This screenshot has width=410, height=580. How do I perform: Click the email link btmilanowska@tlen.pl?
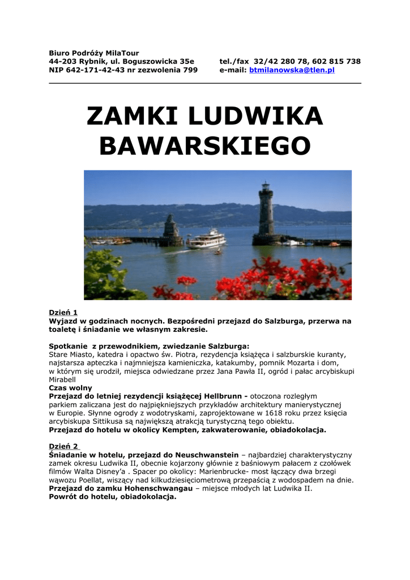click(292, 70)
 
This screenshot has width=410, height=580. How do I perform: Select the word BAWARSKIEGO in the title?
click(205, 147)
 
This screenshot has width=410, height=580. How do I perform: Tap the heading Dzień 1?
click(63, 312)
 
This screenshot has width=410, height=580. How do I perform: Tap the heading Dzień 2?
click(64, 446)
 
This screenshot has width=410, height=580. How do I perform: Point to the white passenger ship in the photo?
click(207, 238)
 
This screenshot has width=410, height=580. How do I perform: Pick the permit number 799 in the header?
click(190, 70)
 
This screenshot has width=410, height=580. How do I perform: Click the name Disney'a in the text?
click(112, 472)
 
